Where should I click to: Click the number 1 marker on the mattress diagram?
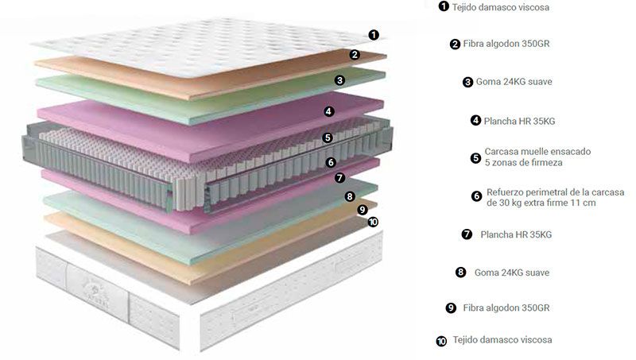(x=374, y=35)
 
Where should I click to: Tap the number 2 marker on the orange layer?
(x=355, y=54)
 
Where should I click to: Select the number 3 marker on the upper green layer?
(x=340, y=80)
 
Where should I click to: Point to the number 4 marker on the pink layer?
(x=329, y=111)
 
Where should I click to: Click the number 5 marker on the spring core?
(x=328, y=137)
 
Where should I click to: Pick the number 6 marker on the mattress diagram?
(x=331, y=163)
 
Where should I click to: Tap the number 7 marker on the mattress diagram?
(x=340, y=177)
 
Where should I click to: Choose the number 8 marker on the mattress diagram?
(x=350, y=196)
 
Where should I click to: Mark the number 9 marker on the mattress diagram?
(x=363, y=210)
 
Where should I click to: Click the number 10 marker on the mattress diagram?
(x=373, y=222)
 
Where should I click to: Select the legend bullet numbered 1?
(x=444, y=6)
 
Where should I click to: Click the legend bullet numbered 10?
(x=441, y=342)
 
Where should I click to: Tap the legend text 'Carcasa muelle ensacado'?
(x=537, y=152)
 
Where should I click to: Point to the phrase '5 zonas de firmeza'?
(x=524, y=163)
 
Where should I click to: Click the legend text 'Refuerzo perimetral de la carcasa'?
(x=555, y=192)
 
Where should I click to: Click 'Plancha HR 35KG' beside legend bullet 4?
(x=519, y=121)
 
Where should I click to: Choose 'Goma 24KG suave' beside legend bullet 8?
(x=512, y=273)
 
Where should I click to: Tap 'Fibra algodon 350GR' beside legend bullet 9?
(x=506, y=308)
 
